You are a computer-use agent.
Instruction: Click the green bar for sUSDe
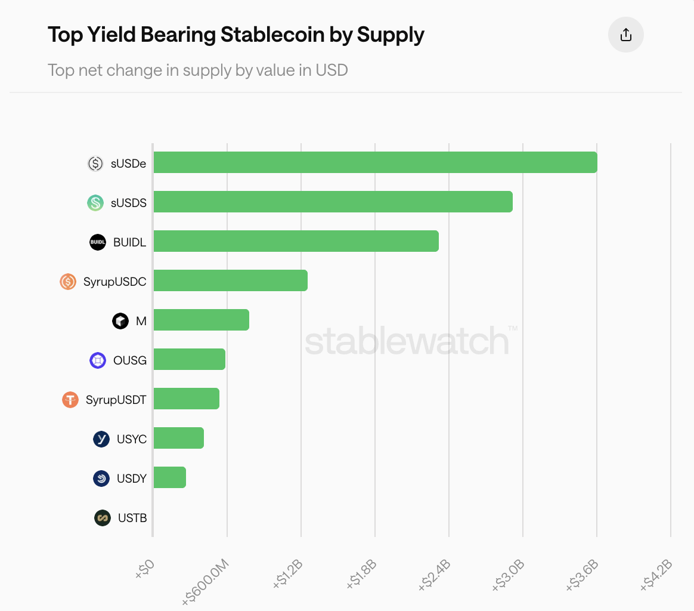[375, 162]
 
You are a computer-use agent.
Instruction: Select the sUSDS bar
[333, 202]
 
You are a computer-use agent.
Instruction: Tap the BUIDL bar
[296, 241]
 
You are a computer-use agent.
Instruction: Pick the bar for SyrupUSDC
[230, 280]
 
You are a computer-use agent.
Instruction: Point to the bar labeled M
[201, 320]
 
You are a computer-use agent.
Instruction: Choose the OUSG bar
[189, 359]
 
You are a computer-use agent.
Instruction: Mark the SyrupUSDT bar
[186, 399]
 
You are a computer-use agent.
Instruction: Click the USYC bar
[178, 438]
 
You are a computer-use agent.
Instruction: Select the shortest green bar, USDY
[169, 477]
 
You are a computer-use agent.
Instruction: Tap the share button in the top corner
[625, 35]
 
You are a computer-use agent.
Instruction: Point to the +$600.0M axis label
[206, 582]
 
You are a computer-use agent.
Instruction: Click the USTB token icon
[103, 518]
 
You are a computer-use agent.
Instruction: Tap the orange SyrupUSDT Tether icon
[70, 399]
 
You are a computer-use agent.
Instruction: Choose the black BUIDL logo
[98, 242]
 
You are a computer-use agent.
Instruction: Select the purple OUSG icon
[98, 360]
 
